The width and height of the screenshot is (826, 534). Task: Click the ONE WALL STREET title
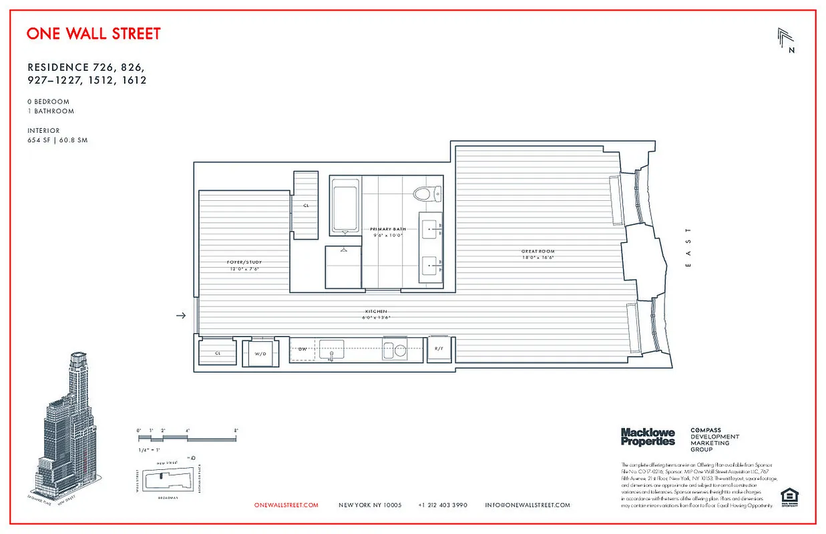[x=93, y=33]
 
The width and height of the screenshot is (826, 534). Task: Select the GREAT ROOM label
[x=538, y=252]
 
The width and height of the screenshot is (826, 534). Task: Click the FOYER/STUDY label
[x=242, y=262]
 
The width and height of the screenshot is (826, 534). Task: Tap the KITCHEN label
[x=376, y=312]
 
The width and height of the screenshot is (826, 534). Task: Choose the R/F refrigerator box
[x=439, y=349]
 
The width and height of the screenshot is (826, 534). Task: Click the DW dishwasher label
[x=302, y=348]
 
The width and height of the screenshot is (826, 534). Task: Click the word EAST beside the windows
[x=688, y=248]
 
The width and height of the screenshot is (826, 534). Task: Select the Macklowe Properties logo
[x=648, y=437]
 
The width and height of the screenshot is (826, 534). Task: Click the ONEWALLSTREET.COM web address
[x=286, y=505]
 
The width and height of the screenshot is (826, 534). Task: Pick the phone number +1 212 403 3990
[x=443, y=505]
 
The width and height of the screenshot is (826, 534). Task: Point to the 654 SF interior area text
[x=57, y=141]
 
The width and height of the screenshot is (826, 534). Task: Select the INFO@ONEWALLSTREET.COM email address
[x=528, y=505]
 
